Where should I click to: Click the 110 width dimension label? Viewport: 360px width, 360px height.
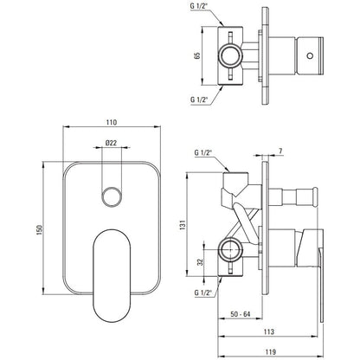(x=112, y=122)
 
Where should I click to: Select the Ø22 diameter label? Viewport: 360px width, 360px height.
(x=111, y=143)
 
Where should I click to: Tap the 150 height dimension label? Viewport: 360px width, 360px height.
(x=39, y=229)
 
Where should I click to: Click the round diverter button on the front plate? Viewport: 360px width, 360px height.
(x=112, y=197)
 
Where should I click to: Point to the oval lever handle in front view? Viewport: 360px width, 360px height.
(x=112, y=276)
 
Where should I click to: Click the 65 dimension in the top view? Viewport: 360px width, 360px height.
(x=197, y=55)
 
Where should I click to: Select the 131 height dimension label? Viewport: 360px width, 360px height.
(x=183, y=225)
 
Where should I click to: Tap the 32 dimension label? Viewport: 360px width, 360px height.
(x=200, y=262)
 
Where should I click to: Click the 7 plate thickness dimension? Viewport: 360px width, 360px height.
(x=280, y=151)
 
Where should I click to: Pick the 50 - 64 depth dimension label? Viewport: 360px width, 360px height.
(x=241, y=314)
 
